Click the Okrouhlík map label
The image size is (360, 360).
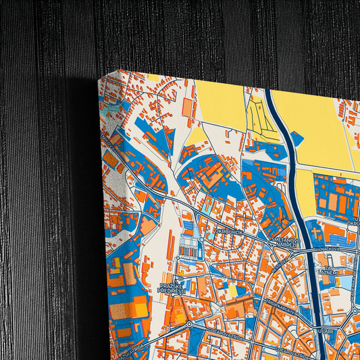[x=228, y=232]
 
